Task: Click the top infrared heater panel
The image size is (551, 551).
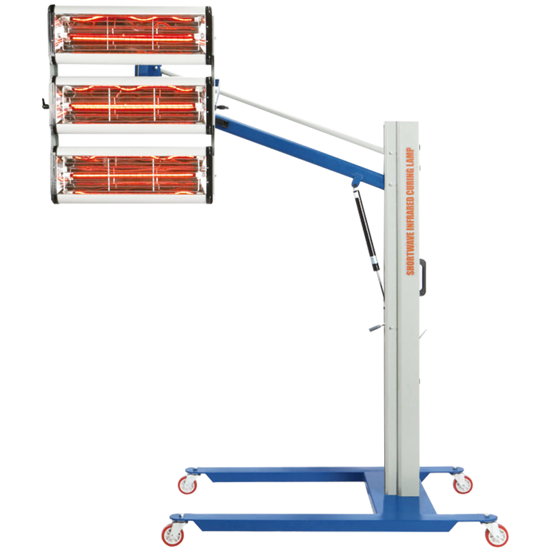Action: tap(130, 35)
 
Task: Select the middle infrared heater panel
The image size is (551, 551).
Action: tap(132, 105)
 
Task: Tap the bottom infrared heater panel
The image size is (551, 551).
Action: tap(132, 175)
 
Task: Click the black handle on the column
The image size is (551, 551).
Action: tap(423, 277)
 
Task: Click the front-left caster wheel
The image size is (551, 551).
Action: tap(173, 534)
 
